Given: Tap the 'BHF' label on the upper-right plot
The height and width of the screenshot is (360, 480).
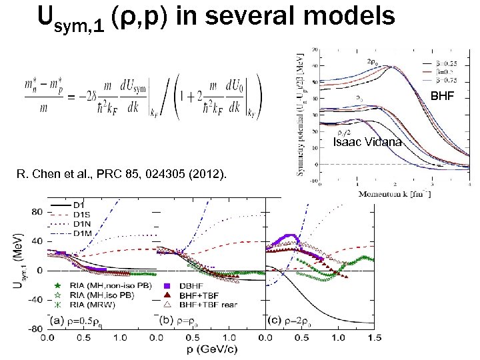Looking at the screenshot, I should [442, 96].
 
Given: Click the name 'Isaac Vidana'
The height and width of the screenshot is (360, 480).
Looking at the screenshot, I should [367, 142].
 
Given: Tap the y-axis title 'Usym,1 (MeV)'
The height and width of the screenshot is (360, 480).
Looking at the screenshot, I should [14, 263].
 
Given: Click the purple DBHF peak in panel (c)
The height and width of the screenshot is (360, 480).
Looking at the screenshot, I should [291, 236].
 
